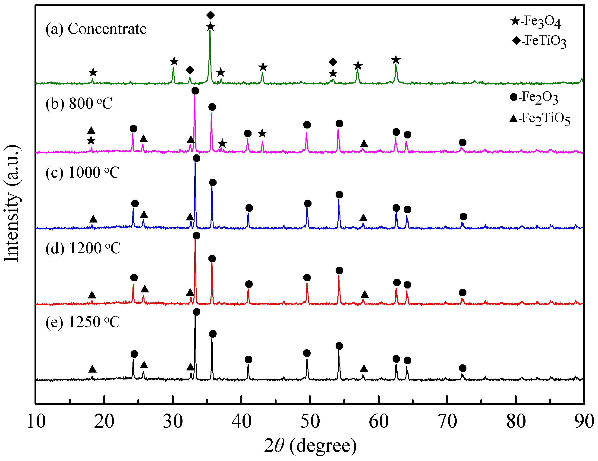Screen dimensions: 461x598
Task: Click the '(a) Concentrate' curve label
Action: (96, 28)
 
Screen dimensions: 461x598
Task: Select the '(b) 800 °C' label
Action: (79, 103)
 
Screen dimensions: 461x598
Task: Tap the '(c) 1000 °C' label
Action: (82, 172)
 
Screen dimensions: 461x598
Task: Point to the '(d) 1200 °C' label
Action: (83, 248)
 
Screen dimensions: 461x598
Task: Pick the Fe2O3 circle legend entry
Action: (534, 97)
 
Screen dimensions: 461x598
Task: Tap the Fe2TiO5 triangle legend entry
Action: (539, 119)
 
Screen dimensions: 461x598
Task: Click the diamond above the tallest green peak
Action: (210, 15)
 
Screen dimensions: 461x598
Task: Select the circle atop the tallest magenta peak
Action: (195, 91)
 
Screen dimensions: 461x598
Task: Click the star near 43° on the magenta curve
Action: (262, 133)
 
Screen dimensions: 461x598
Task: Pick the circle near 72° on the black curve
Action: (463, 368)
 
